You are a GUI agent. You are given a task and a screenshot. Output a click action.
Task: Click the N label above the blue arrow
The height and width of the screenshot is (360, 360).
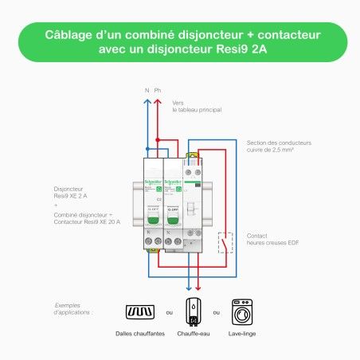tap(147, 91)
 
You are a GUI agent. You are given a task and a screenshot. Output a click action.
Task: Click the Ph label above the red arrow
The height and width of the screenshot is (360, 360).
tap(158, 91)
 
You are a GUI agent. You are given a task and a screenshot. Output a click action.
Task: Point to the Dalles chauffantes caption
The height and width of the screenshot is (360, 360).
tap(141, 334)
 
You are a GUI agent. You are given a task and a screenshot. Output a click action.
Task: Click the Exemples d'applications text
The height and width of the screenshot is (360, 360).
tap(73, 308)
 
